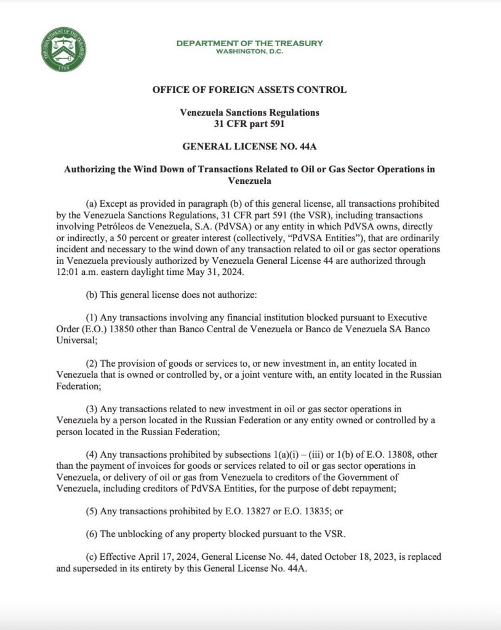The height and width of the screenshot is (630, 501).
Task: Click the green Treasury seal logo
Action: pos(64,50)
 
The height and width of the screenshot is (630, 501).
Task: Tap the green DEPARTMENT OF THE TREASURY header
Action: pos(249,43)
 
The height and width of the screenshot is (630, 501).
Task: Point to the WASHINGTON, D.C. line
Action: pos(249,51)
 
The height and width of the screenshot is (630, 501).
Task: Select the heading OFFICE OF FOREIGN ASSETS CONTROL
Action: pos(249,90)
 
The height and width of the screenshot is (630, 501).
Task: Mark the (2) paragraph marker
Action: pos(92,364)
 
